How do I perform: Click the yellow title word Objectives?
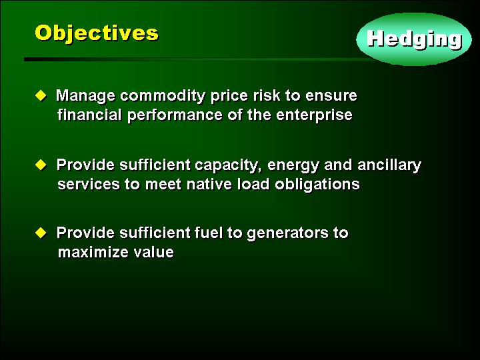coord(97,34)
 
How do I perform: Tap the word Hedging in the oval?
coord(415,40)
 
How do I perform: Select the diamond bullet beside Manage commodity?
coord(41,95)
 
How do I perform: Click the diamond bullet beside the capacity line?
coord(41,165)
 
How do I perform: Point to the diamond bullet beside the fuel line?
coord(41,233)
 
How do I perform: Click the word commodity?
coord(163,96)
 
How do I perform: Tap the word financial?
coord(90,115)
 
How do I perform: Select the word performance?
coord(175,116)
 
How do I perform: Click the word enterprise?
coord(314,116)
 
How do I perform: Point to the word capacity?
coord(229,166)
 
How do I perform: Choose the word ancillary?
coord(389,165)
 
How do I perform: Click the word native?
coord(209,184)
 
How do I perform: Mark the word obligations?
coord(317,185)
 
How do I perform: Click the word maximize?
coord(93,252)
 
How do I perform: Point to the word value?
coord(154,252)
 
